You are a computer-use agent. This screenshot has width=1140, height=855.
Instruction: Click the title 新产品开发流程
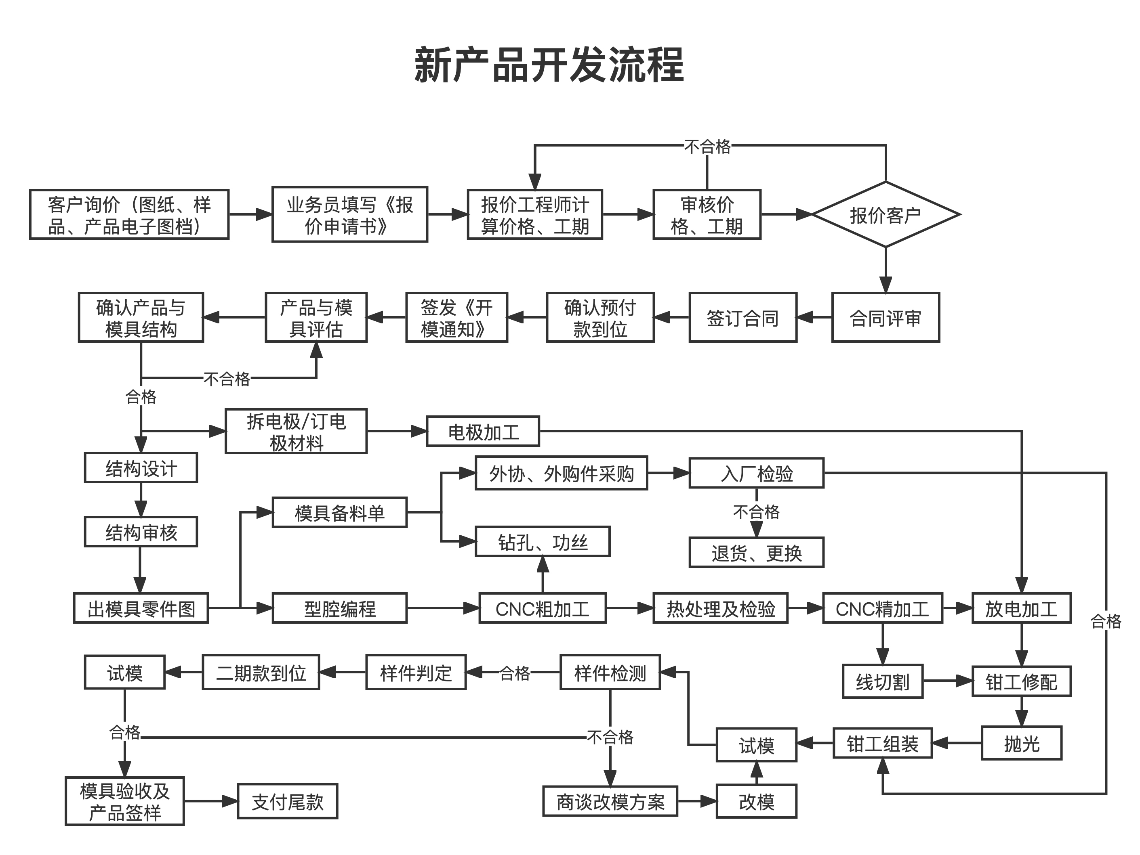[549, 65]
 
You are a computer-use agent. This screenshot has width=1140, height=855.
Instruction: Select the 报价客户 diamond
[885, 215]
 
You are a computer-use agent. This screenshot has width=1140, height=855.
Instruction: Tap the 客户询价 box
[129, 215]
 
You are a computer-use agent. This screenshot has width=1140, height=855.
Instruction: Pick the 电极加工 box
[483, 432]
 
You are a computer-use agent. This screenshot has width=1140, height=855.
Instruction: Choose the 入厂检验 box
[756, 473]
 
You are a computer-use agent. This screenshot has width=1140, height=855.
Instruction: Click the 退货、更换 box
[756, 553]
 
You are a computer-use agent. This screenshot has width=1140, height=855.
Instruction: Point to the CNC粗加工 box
[542, 608]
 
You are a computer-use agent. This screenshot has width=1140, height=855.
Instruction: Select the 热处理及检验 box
[720, 608]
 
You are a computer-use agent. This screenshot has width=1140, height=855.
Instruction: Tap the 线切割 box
[882, 681]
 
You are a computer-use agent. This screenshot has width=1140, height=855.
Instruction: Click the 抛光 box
[1021, 743]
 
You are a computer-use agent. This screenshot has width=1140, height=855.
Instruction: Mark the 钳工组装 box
[882, 743]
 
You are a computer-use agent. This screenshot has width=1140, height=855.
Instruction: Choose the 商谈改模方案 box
[610, 801]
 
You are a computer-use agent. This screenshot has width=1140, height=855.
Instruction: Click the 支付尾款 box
[287, 801]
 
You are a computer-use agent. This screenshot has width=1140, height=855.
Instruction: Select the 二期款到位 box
[261, 672]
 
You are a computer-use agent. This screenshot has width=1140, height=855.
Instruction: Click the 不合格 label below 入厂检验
[756, 512]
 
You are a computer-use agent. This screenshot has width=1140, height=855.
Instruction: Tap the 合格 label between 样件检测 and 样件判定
[514, 673]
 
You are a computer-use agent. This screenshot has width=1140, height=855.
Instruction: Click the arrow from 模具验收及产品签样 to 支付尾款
[211, 801]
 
